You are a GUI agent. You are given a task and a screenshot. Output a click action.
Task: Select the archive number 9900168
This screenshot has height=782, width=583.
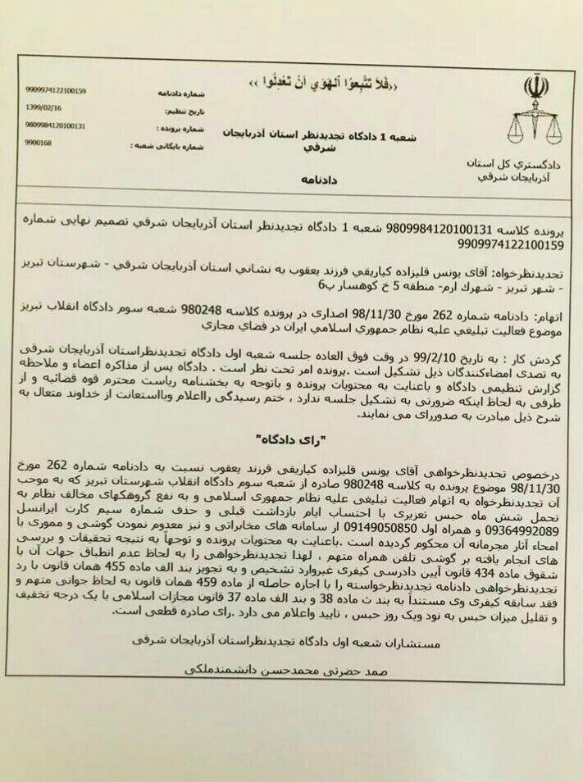pyautogui.click(x=38, y=143)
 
